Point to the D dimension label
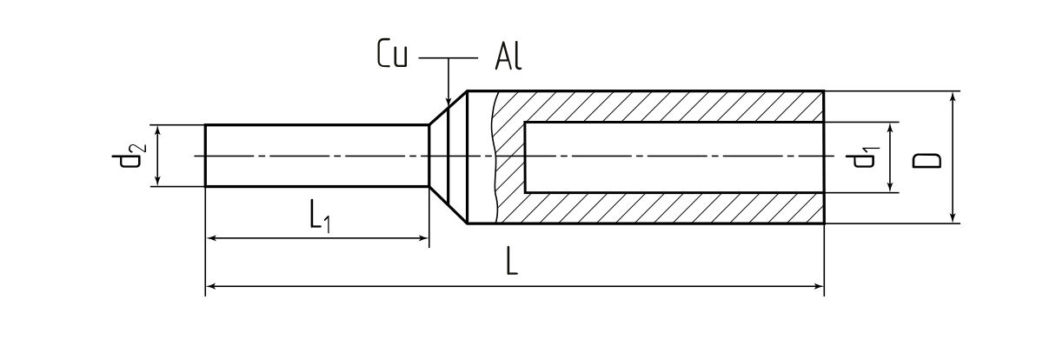point(927,158)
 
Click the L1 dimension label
point(318,217)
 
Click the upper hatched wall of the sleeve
point(661,107)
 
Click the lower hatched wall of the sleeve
point(661,208)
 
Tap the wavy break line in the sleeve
point(493,157)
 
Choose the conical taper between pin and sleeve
point(448,157)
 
